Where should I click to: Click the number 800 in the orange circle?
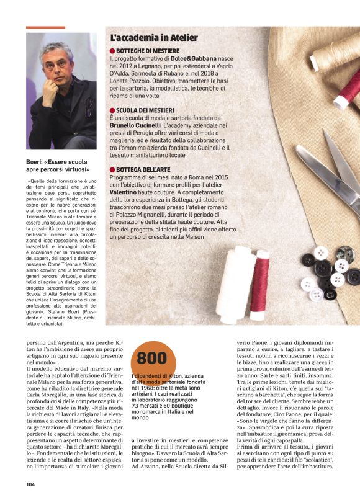(x=151, y=358)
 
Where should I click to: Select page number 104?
(x=30, y=484)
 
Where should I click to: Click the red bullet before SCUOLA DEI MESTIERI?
(x=112, y=110)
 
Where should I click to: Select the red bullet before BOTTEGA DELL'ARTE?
(x=112, y=169)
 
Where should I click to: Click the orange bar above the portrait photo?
(x=45, y=27)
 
